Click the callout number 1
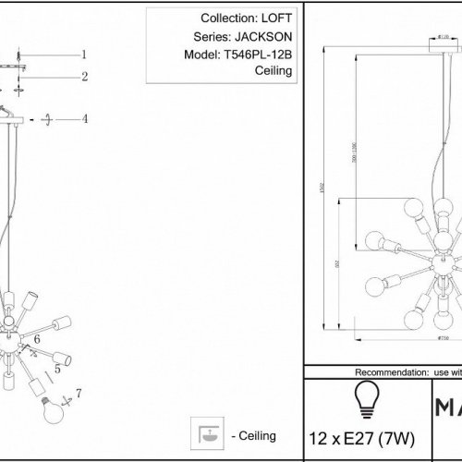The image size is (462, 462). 83,55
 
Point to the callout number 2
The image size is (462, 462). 83,77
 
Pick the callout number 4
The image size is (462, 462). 84,119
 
